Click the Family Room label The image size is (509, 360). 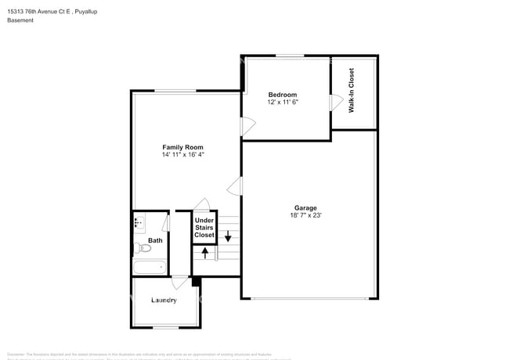(x=182, y=147)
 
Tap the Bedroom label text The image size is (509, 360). (x=283, y=95)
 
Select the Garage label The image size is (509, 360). (x=306, y=207)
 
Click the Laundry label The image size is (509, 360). (x=163, y=300)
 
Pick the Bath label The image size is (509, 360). (x=155, y=241)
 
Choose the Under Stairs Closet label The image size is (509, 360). (x=204, y=228)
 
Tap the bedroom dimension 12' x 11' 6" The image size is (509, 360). (x=283, y=103)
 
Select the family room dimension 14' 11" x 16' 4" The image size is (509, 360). (x=182, y=155)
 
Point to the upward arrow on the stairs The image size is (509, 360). (x=206, y=253)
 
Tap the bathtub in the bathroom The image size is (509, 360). (x=149, y=268)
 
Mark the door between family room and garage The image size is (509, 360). (x=235, y=186)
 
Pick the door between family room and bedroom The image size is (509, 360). (x=247, y=123)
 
